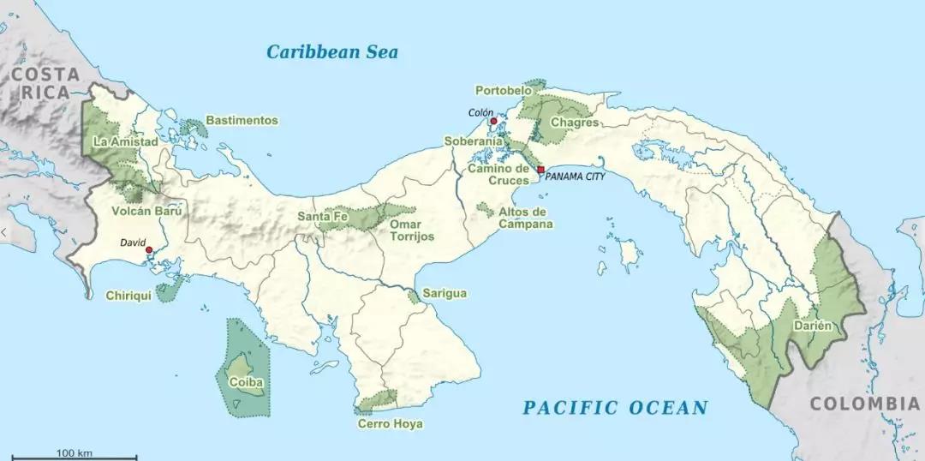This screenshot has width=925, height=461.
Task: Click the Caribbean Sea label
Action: tap(331, 51)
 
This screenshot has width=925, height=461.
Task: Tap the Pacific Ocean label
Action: tap(615, 407)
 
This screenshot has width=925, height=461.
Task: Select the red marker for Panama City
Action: tap(540, 170)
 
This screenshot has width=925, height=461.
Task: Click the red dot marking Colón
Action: tap(493, 122)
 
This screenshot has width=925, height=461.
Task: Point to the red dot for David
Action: tap(149, 250)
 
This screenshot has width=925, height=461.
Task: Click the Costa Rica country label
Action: tap(45, 84)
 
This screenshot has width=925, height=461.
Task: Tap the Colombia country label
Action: tap(865, 403)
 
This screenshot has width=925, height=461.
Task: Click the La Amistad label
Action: tap(125, 141)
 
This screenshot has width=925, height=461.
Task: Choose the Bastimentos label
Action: tap(242, 121)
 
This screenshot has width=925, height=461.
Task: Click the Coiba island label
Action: tap(246, 382)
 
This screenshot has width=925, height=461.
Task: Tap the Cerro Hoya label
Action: tap(390, 423)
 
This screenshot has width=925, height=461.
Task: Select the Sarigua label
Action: tap(445, 294)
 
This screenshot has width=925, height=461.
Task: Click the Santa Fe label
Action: tap(322, 217)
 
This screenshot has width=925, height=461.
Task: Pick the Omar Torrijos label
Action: tap(411, 230)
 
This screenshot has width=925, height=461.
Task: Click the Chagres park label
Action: tap(574, 123)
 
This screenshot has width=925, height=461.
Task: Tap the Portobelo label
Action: tap(503, 90)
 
